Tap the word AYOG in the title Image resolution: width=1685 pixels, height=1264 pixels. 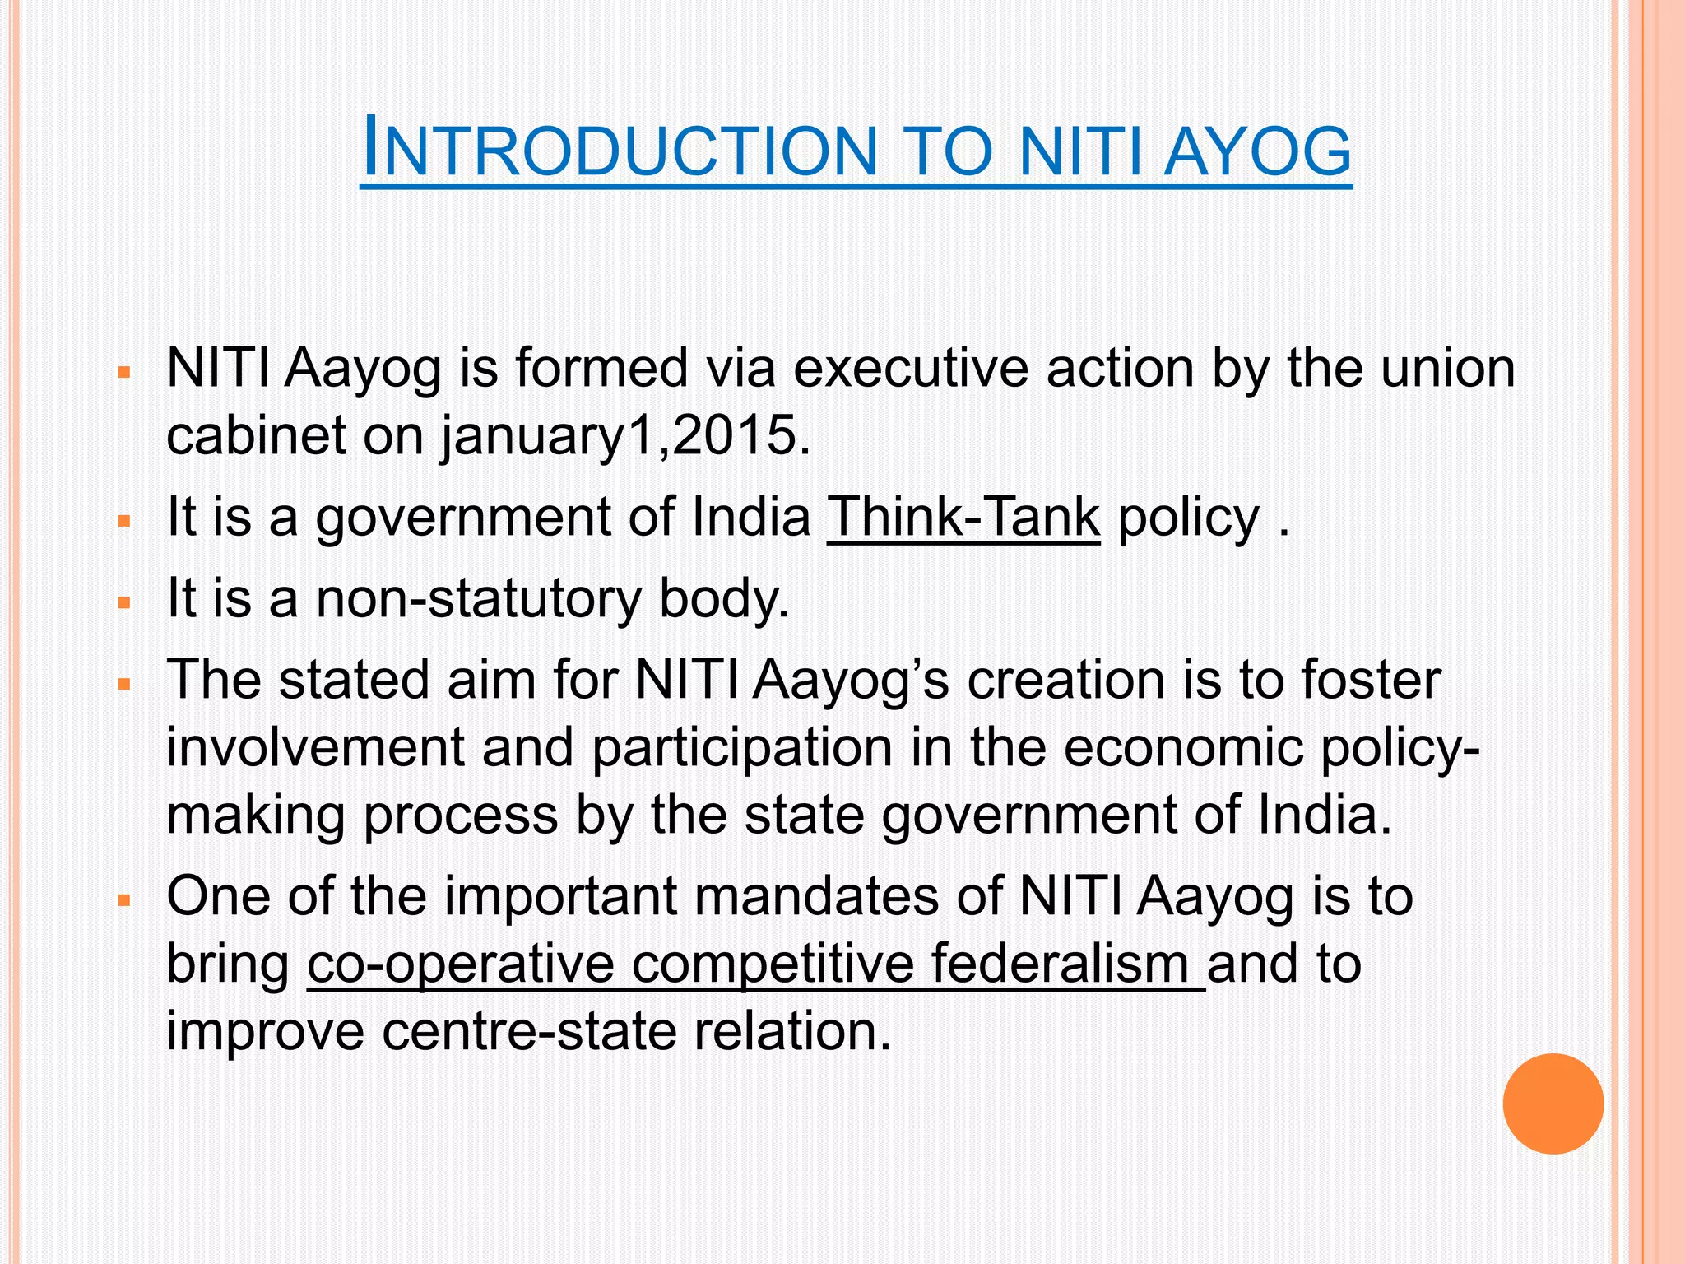pyautogui.click(x=1257, y=151)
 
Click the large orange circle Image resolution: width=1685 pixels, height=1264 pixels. pyautogui.click(x=1553, y=1104)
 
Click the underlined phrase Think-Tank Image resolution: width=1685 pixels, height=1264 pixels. pyautogui.click(x=963, y=518)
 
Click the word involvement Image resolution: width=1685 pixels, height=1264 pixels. pyautogui.click(x=316, y=748)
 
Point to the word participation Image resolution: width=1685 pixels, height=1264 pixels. pyautogui.click(x=742, y=748)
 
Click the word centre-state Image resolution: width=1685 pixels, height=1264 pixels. pyautogui.click(x=529, y=1031)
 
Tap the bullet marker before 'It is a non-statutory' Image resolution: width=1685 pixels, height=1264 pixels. pyautogui.click(x=125, y=603)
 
